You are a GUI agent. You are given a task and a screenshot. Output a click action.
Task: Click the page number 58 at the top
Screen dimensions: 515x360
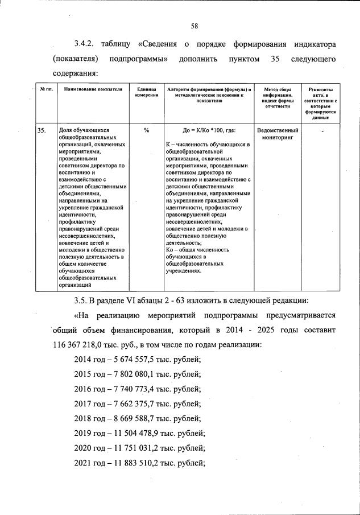click(x=194, y=26)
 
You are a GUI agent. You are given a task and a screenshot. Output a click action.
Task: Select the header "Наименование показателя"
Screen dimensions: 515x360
click(x=93, y=90)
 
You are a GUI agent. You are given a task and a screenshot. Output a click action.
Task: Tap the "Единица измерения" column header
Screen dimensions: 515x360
click(x=146, y=93)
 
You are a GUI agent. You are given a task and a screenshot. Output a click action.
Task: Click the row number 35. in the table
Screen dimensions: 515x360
click(x=42, y=130)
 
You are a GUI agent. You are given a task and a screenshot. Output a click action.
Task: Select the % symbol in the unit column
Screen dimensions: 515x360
click(x=146, y=130)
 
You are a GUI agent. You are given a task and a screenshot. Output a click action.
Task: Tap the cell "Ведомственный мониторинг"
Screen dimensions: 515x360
click(x=278, y=134)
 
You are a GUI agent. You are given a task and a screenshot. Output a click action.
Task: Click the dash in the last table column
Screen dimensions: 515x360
click(x=323, y=131)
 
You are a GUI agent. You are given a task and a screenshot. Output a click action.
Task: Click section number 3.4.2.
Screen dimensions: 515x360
click(x=86, y=44)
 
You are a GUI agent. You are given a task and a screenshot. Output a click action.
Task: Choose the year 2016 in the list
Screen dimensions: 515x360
click(x=84, y=389)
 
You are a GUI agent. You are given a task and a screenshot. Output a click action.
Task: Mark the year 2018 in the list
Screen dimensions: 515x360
click(x=84, y=419)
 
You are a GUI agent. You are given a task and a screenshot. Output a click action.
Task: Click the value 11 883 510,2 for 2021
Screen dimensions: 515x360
click(x=135, y=463)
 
